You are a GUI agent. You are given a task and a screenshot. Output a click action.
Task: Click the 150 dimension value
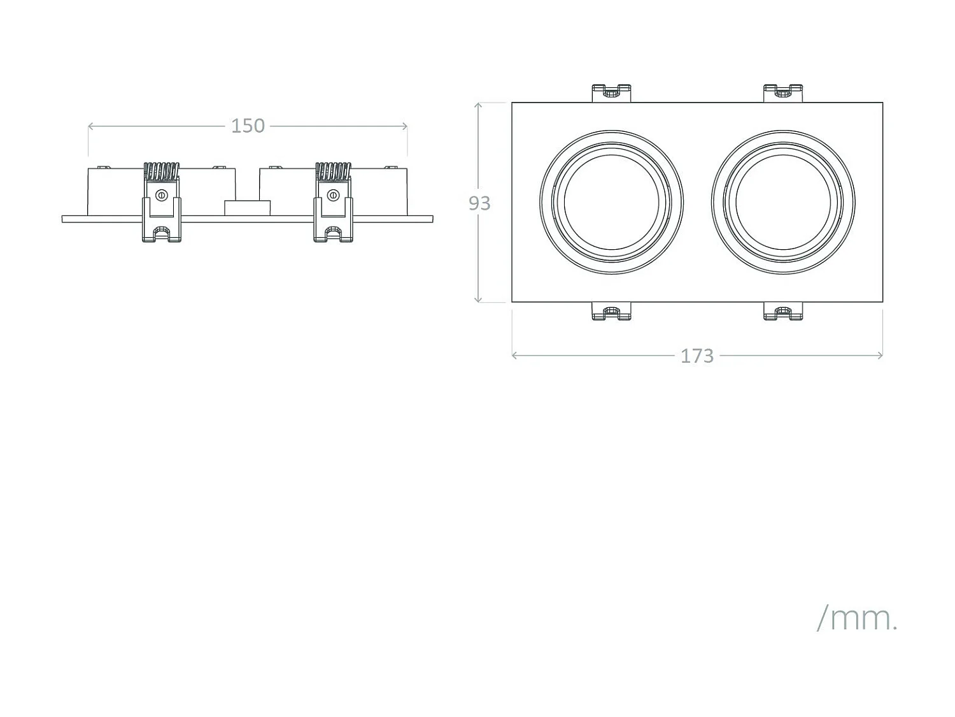(248, 126)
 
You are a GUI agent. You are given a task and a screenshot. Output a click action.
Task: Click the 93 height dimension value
(479, 203)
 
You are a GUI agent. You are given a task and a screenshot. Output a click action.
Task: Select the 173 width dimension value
(697, 356)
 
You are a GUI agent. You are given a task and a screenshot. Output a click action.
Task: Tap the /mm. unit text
(857, 618)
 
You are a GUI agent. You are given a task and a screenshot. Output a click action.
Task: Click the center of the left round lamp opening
(611, 203)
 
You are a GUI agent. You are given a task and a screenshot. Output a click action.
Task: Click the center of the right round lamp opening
(783, 203)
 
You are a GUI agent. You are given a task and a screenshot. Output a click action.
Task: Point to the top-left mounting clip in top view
(611, 93)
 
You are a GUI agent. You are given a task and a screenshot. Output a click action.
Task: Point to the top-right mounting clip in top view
(783, 93)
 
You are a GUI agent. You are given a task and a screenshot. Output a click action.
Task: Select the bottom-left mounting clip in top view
(611, 312)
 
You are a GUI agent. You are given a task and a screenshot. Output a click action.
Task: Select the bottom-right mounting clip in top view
(783, 312)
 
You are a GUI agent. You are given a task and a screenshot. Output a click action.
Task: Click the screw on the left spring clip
(161, 194)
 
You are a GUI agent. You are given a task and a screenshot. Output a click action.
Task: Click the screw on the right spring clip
(332, 194)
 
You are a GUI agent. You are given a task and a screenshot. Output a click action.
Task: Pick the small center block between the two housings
(247, 208)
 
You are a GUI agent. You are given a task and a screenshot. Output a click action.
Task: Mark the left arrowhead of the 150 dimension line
(90, 126)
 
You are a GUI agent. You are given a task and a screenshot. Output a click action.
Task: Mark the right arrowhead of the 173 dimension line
(881, 356)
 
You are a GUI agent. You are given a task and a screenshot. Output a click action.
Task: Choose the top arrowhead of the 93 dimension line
(478, 105)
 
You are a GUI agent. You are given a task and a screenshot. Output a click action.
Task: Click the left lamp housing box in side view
(115, 191)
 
